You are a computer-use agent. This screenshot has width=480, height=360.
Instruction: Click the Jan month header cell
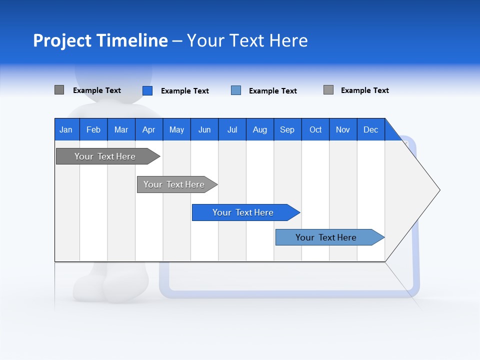pos(66,129)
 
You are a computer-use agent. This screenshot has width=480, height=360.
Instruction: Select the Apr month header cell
pos(149,129)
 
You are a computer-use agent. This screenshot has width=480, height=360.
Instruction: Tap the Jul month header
pos(232,129)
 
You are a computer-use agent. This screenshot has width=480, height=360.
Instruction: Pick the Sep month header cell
pos(287,129)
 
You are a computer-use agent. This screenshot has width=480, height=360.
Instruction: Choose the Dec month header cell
pos(370,129)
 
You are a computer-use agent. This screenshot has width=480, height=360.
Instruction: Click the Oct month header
pos(315,129)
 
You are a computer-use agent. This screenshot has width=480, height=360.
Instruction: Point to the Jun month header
pos(204,129)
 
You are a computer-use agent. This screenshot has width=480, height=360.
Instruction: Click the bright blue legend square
pos(147,90)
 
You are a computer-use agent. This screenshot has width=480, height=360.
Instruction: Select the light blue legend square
pos(236,90)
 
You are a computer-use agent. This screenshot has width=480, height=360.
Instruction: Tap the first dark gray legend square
pos(59,90)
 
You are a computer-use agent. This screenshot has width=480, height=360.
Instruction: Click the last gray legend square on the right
pos(328,90)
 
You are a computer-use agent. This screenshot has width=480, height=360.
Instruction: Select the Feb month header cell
pos(93,129)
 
